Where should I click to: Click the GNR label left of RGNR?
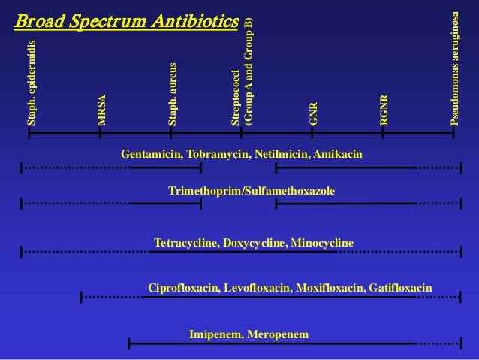pyautogui.click(x=314, y=113)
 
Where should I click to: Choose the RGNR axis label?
pyautogui.click(x=384, y=109)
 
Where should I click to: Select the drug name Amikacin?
pyautogui.click(x=338, y=154)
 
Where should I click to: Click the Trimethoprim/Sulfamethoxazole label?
pyautogui.click(x=252, y=192)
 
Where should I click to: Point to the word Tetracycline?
pyautogui.click(x=184, y=243)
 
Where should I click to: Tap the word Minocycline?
pyautogui.click(x=321, y=243)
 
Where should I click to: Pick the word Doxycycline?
pyautogui.click(x=252, y=243)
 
